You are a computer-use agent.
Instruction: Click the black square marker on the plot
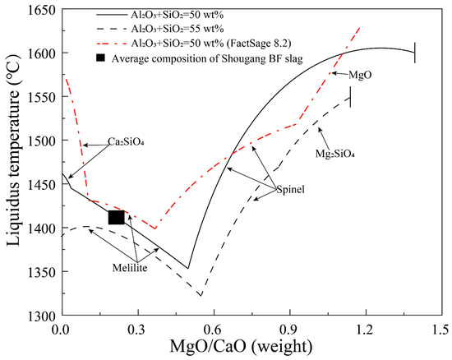116,217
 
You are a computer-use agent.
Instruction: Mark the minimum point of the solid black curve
188,268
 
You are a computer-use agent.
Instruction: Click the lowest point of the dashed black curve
201,295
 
